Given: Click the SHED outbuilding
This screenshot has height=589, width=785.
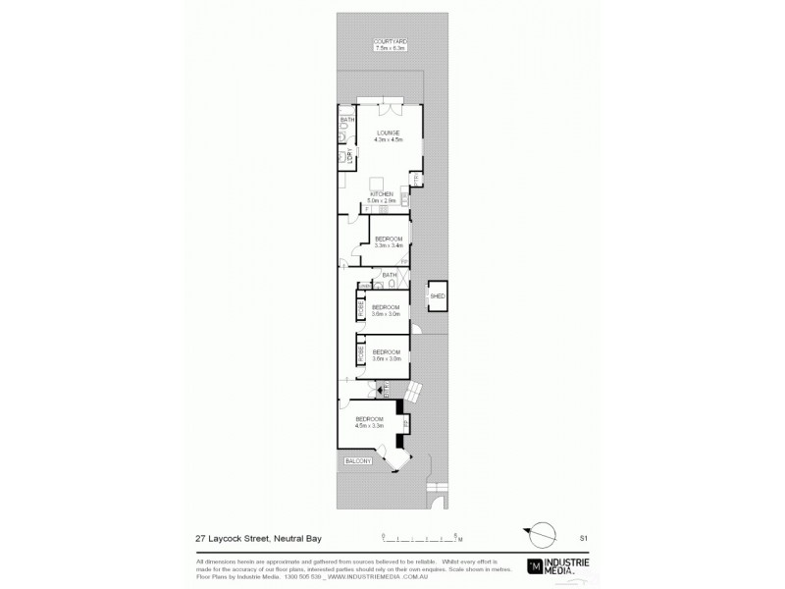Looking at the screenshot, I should click(x=438, y=295).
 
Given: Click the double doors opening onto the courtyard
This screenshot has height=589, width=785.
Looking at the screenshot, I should click(x=379, y=102).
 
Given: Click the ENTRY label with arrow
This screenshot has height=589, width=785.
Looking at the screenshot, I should click(x=387, y=389).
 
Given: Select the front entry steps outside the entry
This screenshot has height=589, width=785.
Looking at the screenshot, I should click(x=414, y=391).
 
